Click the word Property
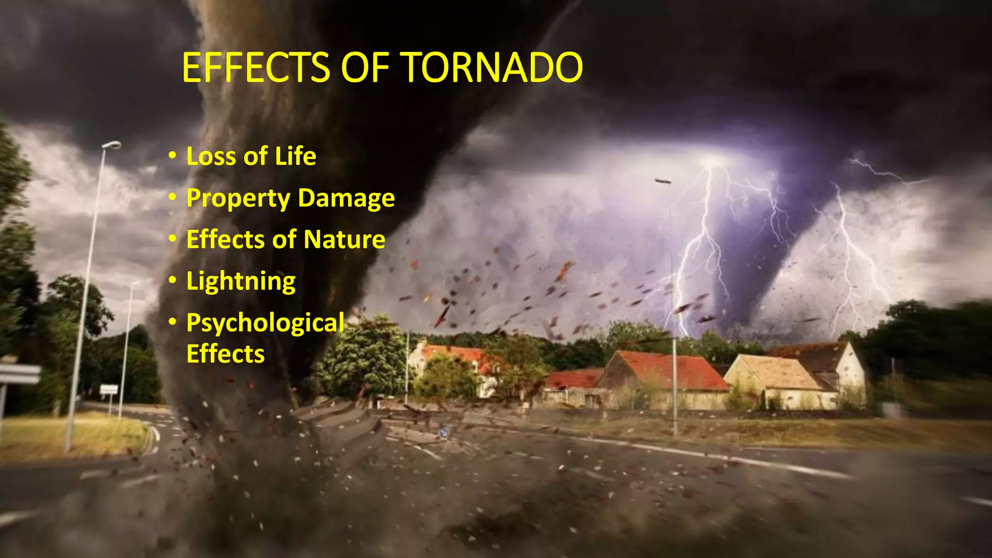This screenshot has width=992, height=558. pos(238,199)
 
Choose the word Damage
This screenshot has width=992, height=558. pos(346,199)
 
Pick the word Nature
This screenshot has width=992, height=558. pos(344,240)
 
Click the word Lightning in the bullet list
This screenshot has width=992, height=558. pos(241,282)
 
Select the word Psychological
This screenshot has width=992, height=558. pos(265,323)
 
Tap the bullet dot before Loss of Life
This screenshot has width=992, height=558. pos(172,156)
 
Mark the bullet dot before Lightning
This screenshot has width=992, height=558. pos(172,281)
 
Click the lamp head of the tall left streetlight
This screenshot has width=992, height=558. pos(112,144)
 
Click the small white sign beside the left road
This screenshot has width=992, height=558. pos(108,389)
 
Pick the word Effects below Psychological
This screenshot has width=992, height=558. pos(225,354)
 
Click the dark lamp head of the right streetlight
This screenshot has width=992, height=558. pos(663,181)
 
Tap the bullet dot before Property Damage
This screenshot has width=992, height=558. pos(172,198)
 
